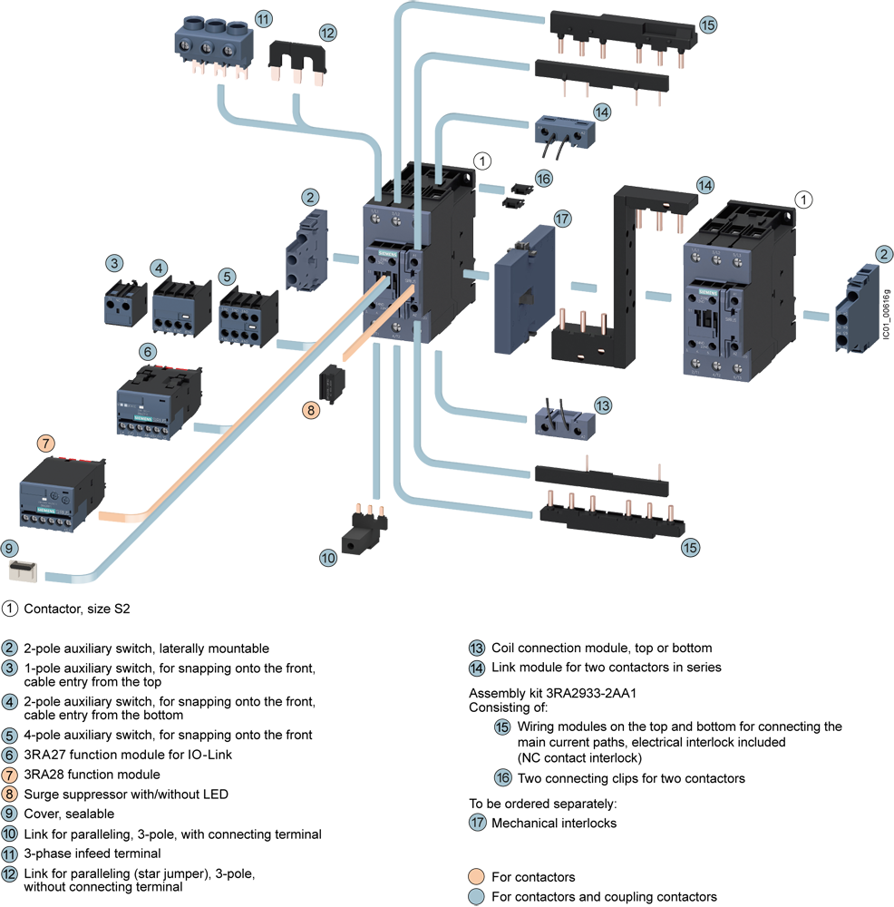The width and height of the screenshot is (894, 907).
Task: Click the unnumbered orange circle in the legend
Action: tap(475, 877)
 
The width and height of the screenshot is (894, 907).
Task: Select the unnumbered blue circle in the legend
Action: tap(475, 897)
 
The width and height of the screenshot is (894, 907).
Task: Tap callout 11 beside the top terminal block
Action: tap(264, 17)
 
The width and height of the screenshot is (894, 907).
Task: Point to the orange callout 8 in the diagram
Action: tap(311, 410)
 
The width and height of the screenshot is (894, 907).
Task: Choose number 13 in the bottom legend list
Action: tap(477, 649)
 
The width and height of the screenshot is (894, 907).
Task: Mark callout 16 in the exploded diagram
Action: tap(543, 179)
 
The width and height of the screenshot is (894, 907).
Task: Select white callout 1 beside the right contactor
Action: tap(802, 197)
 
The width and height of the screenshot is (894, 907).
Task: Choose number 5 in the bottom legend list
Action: tap(9, 736)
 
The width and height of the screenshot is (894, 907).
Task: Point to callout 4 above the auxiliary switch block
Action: tap(160, 268)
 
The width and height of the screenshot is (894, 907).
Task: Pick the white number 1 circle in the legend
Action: tap(9, 608)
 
